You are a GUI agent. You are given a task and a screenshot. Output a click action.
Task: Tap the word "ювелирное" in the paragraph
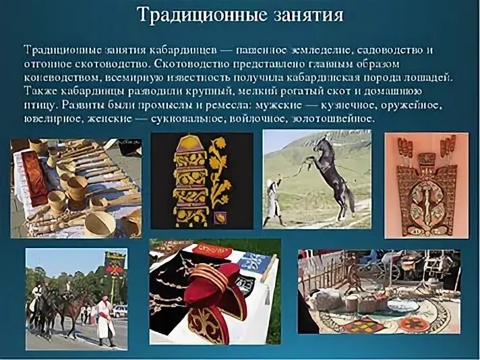[52, 119]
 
